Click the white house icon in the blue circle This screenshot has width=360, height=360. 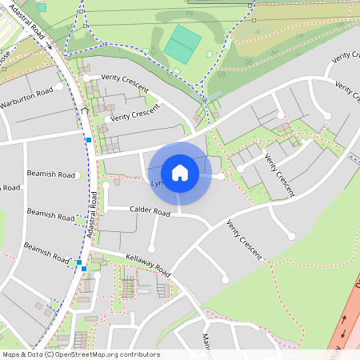click(x=180, y=172)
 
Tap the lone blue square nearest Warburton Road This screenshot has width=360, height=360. click(x=88, y=140)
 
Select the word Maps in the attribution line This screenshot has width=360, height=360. click(x=11, y=354)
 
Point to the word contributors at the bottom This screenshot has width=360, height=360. click(x=138, y=354)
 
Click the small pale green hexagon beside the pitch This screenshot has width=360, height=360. click(x=210, y=54)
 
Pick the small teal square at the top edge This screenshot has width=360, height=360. click(x=42, y=7)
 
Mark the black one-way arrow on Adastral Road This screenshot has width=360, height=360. click(x=49, y=46)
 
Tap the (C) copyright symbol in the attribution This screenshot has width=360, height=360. click(x=50, y=354)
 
